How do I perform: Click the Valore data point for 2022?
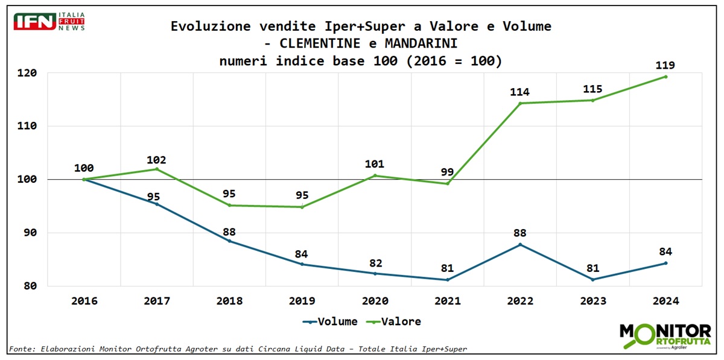[520, 103]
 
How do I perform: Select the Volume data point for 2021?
[448, 280]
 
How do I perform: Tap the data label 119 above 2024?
[665, 65]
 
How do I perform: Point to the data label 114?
[519, 92]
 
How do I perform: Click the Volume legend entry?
[330, 321]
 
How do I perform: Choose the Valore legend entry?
[395, 321]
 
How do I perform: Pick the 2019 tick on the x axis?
[302, 301]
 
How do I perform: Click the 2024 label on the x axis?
[665, 301]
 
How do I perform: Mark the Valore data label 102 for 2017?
[156, 160]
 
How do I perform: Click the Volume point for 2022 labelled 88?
[520, 244]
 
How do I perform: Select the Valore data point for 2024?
[665, 77]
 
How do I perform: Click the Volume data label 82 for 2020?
[375, 264]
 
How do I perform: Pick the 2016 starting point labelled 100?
[84, 179]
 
